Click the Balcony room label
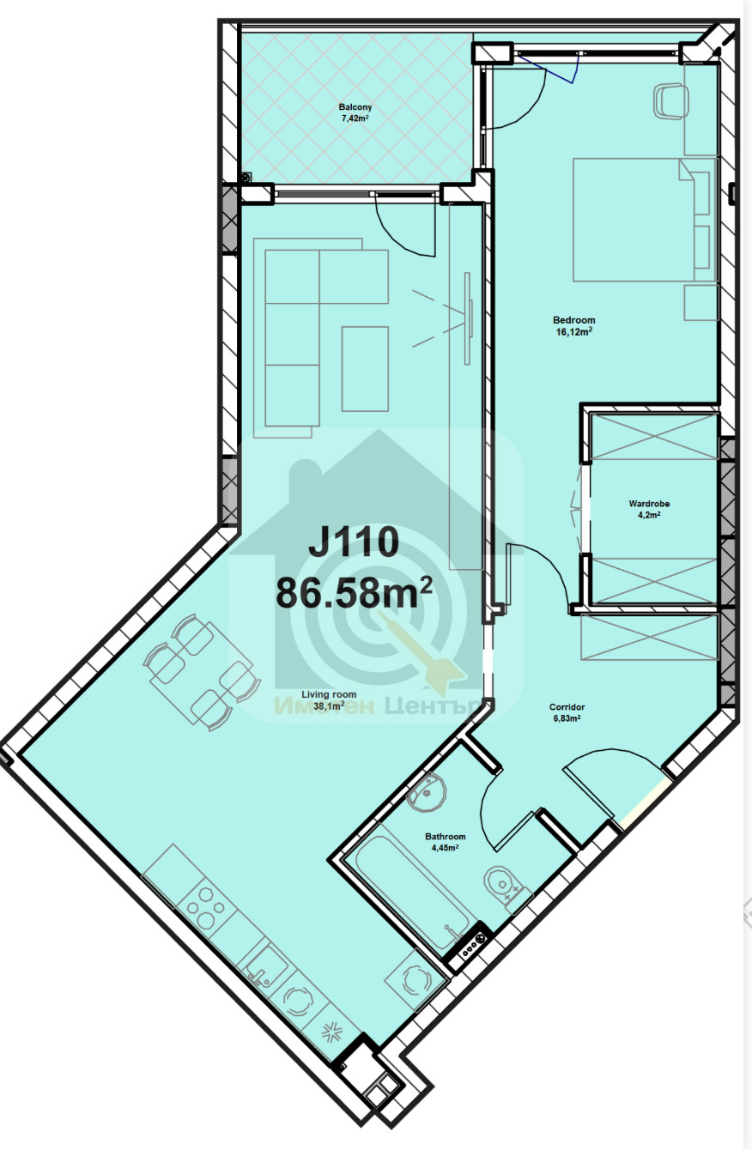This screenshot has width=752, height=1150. pyautogui.click(x=355, y=107)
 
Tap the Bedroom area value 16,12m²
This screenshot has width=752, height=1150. pyautogui.click(x=573, y=331)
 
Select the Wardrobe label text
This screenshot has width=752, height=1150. pyautogui.click(x=649, y=504)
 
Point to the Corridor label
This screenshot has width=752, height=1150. pyautogui.click(x=567, y=707)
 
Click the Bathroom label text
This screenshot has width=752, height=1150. pyautogui.click(x=446, y=836)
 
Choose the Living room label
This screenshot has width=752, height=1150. pyautogui.click(x=329, y=694)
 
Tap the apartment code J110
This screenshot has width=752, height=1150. pyautogui.click(x=354, y=542)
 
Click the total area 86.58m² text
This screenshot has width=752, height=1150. pyautogui.click(x=354, y=592)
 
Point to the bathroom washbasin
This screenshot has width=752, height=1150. pyautogui.click(x=427, y=793)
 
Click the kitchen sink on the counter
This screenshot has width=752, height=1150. pyautogui.click(x=265, y=970)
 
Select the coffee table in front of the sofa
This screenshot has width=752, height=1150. pyautogui.click(x=365, y=369)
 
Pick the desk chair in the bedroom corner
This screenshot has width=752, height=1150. pyautogui.click(x=670, y=102)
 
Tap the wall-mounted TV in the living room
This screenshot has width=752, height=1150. pyautogui.click(x=468, y=318)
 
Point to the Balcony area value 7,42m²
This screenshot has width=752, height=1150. pyautogui.click(x=355, y=118)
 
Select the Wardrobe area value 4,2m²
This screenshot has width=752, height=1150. pyautogui.click(x=649, y=515)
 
